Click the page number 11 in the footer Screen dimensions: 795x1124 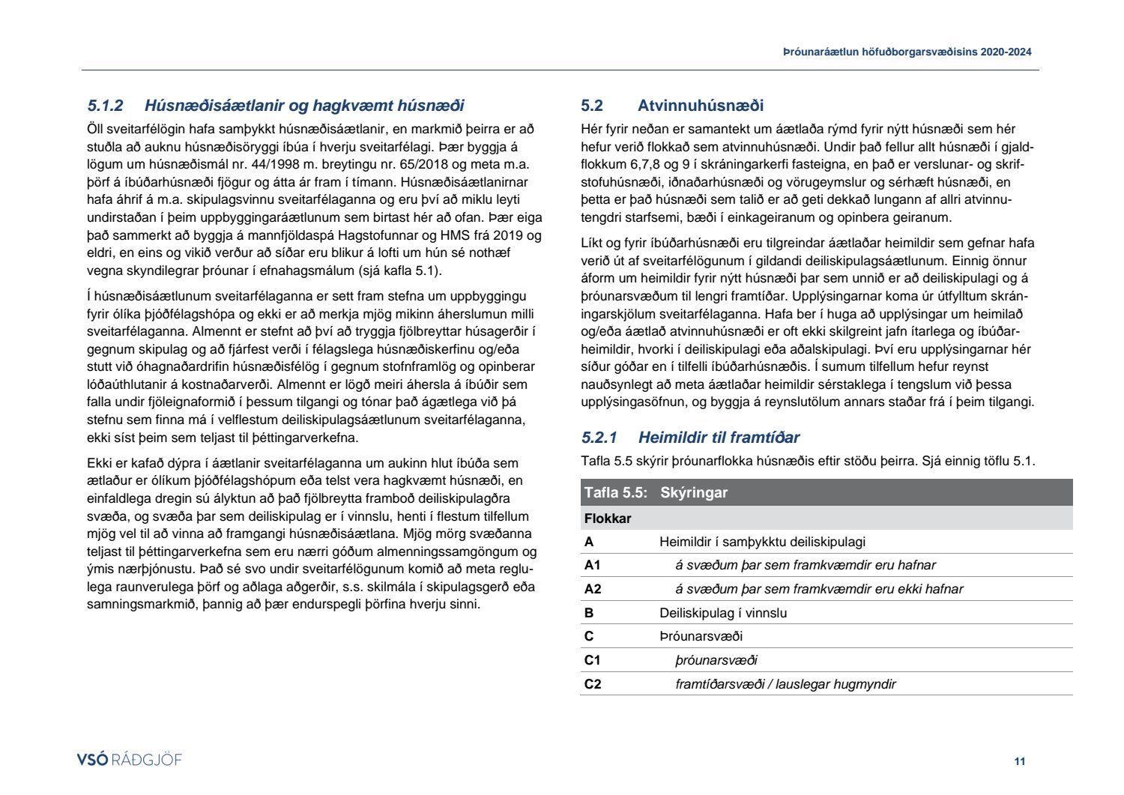pos(1019,761)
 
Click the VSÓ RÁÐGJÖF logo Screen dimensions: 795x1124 pos(130,760)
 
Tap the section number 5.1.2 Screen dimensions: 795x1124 pos(105,106)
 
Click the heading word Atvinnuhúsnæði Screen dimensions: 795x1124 pos(701,106)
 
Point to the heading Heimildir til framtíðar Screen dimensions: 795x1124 pos(719,438)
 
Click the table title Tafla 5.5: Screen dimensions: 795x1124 pos(615,493)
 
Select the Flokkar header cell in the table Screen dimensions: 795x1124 pos(608,519)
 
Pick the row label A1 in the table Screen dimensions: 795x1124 pos(592,566)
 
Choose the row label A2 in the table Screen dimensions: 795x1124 pos(592,589)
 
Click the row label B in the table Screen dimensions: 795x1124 pos(589,613)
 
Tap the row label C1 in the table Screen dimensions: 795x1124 pos(592,660)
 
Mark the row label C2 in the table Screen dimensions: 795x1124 pos(592,684)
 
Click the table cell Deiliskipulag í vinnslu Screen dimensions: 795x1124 pos(723,613)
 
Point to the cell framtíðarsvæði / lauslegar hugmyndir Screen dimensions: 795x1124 pos(785,684)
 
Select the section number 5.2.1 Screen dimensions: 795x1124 pos(599,438)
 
